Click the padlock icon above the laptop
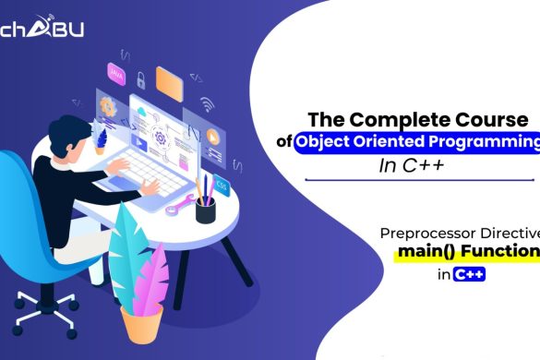(x=141, y=79)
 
